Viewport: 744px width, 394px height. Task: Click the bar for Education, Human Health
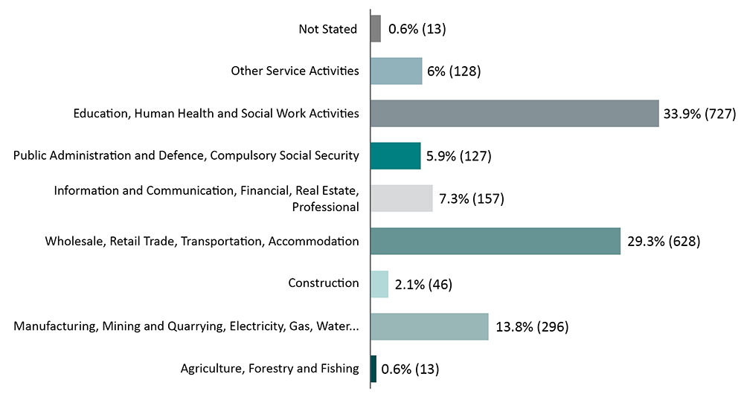[514, 114]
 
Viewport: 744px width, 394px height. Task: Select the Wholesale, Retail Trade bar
[496, 242]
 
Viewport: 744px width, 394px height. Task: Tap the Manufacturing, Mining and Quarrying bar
[429, 326]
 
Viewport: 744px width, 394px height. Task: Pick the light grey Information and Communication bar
[401, 198]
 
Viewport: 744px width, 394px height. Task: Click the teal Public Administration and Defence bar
[396, 156]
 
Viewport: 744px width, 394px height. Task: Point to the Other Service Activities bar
[397, 71]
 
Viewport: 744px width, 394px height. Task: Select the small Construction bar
[379, 284]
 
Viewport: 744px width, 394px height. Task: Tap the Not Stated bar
[376, 29]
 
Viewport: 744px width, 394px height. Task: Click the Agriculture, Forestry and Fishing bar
[373, 369]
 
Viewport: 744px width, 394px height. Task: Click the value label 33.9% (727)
[699, 114]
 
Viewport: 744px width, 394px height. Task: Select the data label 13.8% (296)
[531, 326]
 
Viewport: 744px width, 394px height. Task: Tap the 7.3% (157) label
[472, 198]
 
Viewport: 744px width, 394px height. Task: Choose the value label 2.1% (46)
[423, 284]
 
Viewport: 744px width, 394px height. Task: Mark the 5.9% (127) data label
[459, 156]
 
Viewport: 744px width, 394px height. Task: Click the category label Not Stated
[327, 29]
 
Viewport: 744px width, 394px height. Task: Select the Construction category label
[324, 283]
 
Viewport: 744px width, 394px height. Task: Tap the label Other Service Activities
[295, 71]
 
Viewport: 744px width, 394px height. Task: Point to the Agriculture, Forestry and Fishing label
[270, 369]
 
